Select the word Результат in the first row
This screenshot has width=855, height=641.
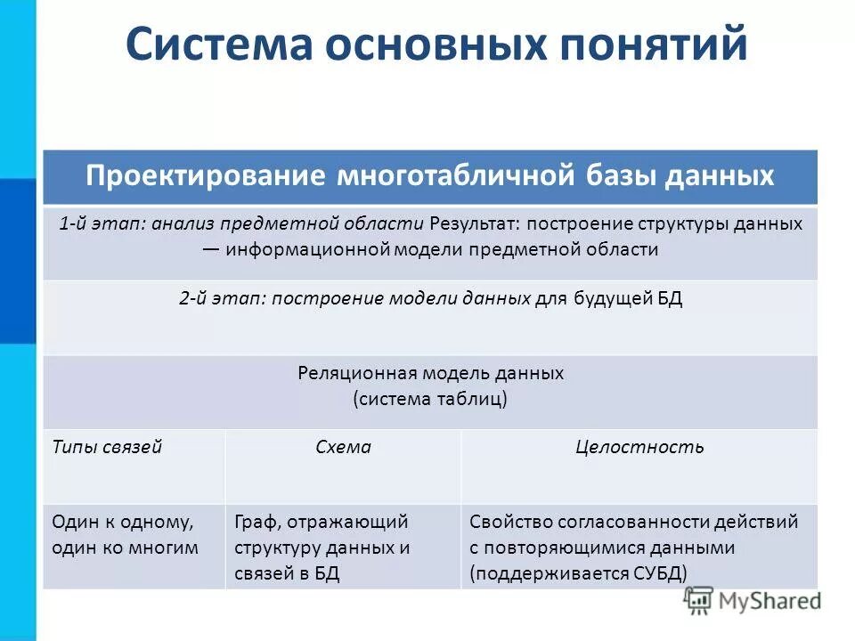pos(472,223)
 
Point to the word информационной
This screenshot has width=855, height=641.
pos(308,249)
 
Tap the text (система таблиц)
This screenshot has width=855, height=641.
pos(430,398)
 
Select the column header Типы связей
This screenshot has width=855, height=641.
pos(107,447)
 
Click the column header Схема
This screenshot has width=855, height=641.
pos(343,447)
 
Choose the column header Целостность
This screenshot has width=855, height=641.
pos(639,447)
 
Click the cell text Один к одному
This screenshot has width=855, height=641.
pos(122,522)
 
